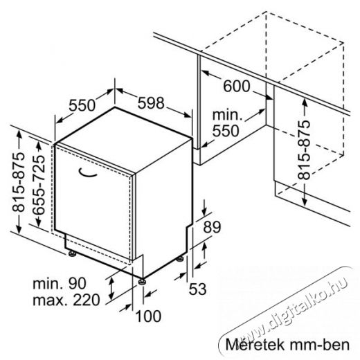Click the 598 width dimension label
(x=151, y=103)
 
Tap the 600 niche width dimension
(x=237, y=86)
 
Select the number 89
(x=212, y=227)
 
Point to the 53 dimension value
(x=197, y=289)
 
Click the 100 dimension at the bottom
(x=148, y=316)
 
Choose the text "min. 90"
(x=60, y=283)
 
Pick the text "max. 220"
(x=66, y=300)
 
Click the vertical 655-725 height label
(x=39, y=185)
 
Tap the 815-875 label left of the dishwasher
(x=18, y=182)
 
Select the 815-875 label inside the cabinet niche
(x=304, y=150)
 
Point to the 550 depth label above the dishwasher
(x=82, y=105)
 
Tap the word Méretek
(x=255, y=345)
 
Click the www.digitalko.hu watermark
(x=292, y=309)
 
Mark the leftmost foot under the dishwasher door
(x=73, y=253)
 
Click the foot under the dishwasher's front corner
(x=142, y=282)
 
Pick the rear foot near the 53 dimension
(x=180, y=259)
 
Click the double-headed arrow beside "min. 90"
(x=111, y=289)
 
